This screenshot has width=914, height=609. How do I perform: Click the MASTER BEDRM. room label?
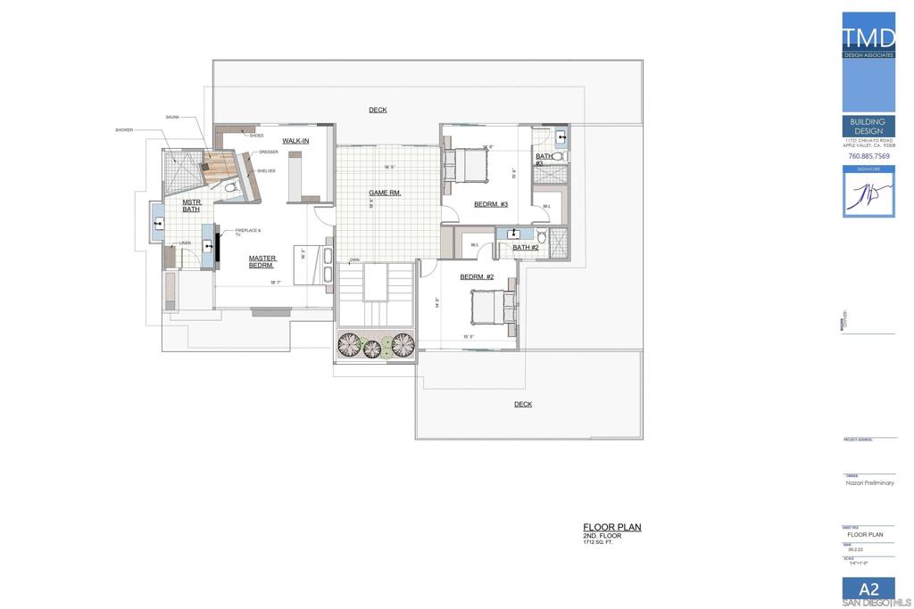(x=262, y=261)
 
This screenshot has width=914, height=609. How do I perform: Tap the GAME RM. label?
(x=385, y=193)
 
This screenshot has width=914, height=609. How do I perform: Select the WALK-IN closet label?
(x=295, y=141)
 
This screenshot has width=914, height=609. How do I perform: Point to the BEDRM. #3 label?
(x=491, y=204)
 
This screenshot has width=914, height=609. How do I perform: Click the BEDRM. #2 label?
(x=477, y=276)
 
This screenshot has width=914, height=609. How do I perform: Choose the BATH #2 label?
(x=526, y=247)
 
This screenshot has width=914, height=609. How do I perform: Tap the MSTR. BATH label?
(x=191, y=205)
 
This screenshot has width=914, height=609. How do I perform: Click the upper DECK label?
(x=378, y=110)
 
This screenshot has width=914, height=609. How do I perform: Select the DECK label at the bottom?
(x=523, y=404)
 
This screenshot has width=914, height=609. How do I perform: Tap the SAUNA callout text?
(x=173, y=117)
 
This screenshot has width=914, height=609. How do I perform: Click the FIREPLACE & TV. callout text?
(x=248, y=232)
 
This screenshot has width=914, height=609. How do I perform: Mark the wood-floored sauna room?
(x=217, y=167)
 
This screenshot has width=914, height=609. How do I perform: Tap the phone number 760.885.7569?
(x=868, y=156)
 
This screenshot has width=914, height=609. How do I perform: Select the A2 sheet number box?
(x=868, y=589)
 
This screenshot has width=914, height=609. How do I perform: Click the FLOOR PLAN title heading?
(x=611, y=527)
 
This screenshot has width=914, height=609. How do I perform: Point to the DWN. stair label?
(x=354, y=259)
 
